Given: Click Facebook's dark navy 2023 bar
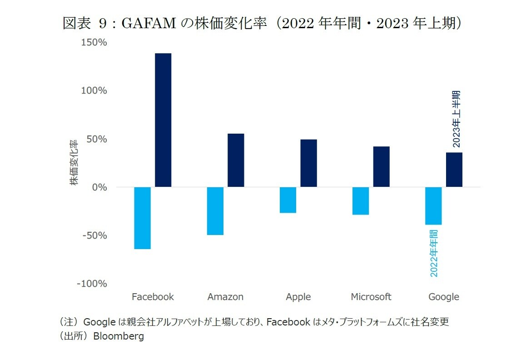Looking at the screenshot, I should pos(163,120).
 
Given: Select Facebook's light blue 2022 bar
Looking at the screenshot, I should pos(142,218).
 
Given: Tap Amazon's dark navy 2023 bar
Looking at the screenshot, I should pos(236,160).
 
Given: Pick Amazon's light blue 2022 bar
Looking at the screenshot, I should pos(215,211).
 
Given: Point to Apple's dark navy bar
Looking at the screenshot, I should pos(308,163).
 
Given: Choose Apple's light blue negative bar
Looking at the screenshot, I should pos(288,200).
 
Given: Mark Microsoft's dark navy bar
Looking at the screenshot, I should pos(382,166).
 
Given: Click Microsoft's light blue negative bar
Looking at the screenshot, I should pos(361,201).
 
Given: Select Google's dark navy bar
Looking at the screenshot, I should pos(454,170).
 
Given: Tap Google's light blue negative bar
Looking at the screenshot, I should pos(433,206).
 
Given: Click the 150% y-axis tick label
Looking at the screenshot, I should pos(94,42).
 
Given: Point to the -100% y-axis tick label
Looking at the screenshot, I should pos(92,284).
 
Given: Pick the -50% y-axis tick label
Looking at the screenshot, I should pos(94,235).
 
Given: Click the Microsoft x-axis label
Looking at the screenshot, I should pos(371,297).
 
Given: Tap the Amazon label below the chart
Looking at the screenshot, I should pos(225,297).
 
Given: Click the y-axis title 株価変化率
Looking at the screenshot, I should pos(73,162).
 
